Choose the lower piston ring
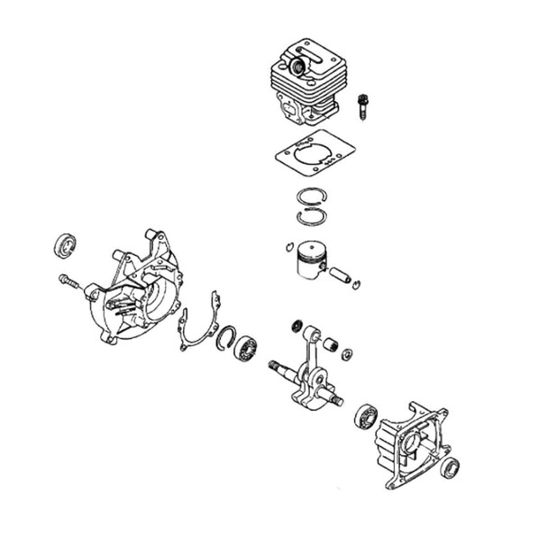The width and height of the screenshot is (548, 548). coord(312,217)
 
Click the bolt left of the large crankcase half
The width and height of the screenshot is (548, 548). coord(71,282)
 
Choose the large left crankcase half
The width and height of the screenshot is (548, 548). coord(140,288)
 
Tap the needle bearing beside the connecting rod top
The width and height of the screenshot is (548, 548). coord(331,343)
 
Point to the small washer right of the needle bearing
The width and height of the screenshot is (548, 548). coord(347,351)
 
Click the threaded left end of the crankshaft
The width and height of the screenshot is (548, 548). coord(276,366)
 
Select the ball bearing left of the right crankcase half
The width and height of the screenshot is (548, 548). coord(365,416)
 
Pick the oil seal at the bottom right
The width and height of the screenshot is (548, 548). coord(448,466)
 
